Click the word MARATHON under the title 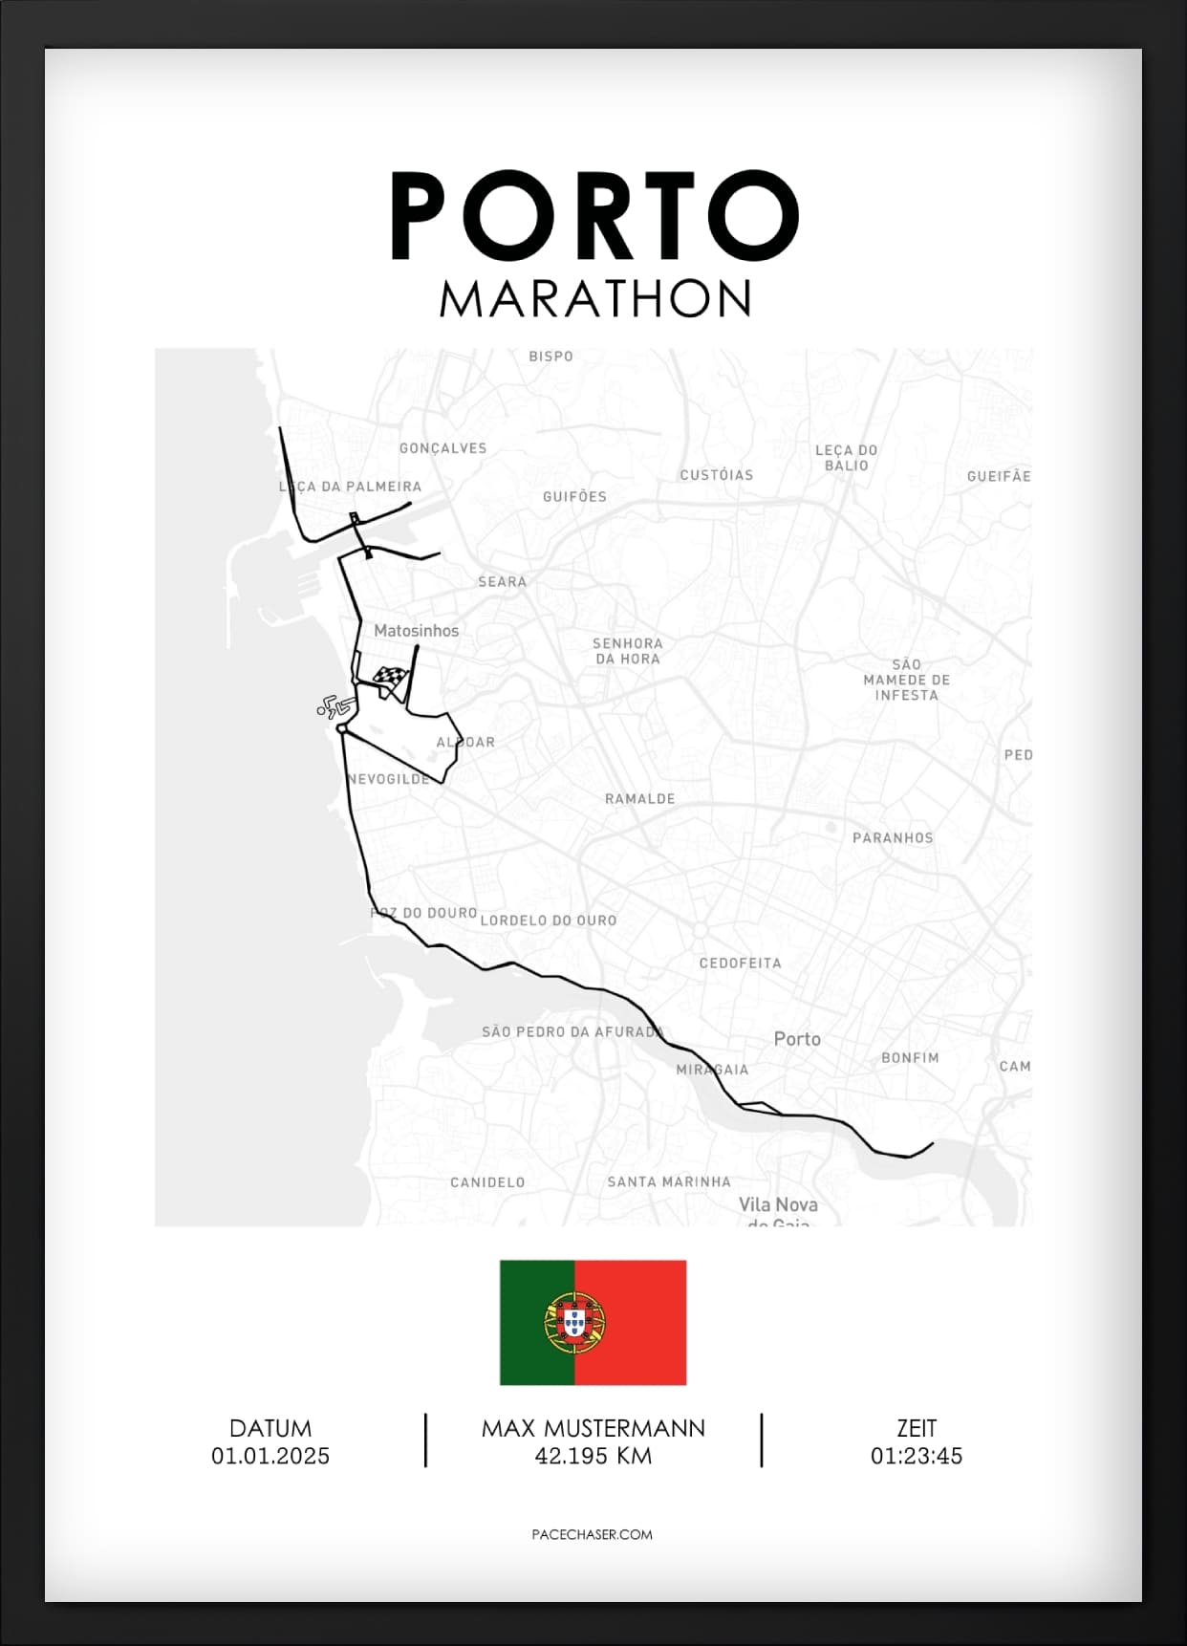pyautogui.click(x=595, y=299)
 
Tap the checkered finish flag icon pyautogui.click(x=391, y=681)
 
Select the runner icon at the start pyautogui.click(x=332, y=707)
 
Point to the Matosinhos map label pyautogui.click(x=416, y=631)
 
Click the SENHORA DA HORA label pyautogui.click(x=627, y=651)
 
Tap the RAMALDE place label pyautogui.click(x=639, y=799)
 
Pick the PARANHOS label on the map pyautogui.click(x=893, y=838)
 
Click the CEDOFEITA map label pyautogui.click(x=740, y=964)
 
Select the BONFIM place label pyautogui.click(x=910, y=1058)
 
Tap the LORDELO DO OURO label pyautogui.click(x=549, y=920)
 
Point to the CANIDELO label pyautogui.click(x=487, y=1182)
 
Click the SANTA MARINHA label pyautogui.click(x=669, y=1182)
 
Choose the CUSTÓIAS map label pyautogui.click(x=717, y=475)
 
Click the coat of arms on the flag pyautogui.click(x=574, y=1322)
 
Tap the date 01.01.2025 pyautogui.click(x=270, y=1456)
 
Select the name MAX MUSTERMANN pyautogui.click(x=593, y=1428)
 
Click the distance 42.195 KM pyautogui.click(x=593, y=1456)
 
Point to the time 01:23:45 pyautogui.click(x=916, y=1456)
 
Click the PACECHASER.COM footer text pyautogui.click(x=592, y=1534)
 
